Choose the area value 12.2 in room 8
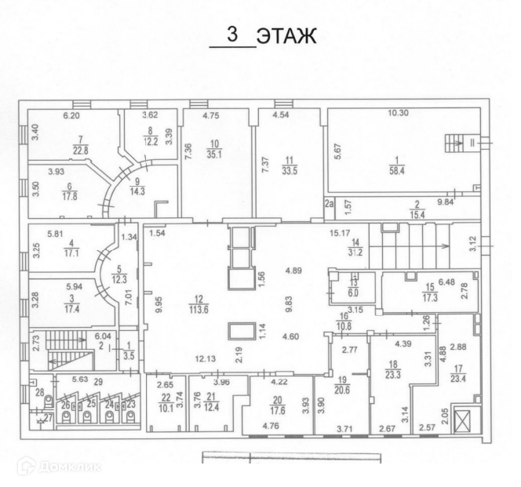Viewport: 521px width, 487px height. coord(150,142)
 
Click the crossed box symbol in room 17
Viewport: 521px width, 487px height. coord(465,420)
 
